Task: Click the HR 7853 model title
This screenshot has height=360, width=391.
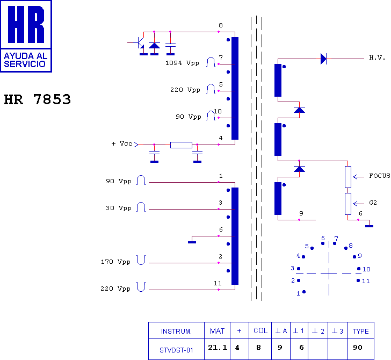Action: (x=38, y=99)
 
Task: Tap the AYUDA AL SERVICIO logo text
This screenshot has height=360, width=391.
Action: (x=25, y=60)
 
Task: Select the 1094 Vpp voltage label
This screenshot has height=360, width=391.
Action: (x=182, y=63)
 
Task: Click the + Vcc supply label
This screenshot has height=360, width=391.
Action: (x=121, y=144)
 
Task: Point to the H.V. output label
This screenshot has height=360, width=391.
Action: (x=377, y=57)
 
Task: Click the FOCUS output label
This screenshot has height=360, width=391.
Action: (x=380, y=176)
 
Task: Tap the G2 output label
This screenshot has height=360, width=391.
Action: (x=373, y=203)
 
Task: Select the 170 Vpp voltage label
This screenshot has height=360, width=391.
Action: (x=115, y=262)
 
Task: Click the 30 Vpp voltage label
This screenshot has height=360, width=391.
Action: (x=118, y=208)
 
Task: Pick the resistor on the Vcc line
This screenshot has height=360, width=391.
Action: (x=181, y=145)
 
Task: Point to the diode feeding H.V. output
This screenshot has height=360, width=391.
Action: (x=323, y=59)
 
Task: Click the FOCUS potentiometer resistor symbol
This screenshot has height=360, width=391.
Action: (x=347, y=176)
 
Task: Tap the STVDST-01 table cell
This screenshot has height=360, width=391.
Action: (x=176, y=349)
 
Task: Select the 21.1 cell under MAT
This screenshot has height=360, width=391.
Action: (x=218, y=348)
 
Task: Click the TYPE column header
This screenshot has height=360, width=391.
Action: (x=361, y=330)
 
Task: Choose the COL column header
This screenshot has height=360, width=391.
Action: (x=260, y=330)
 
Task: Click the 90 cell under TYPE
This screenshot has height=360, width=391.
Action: (x=358, y=348)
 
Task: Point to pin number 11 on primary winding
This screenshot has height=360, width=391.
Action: (x=218, y=283)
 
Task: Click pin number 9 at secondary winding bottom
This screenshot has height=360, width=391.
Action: (x=301, y=213)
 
